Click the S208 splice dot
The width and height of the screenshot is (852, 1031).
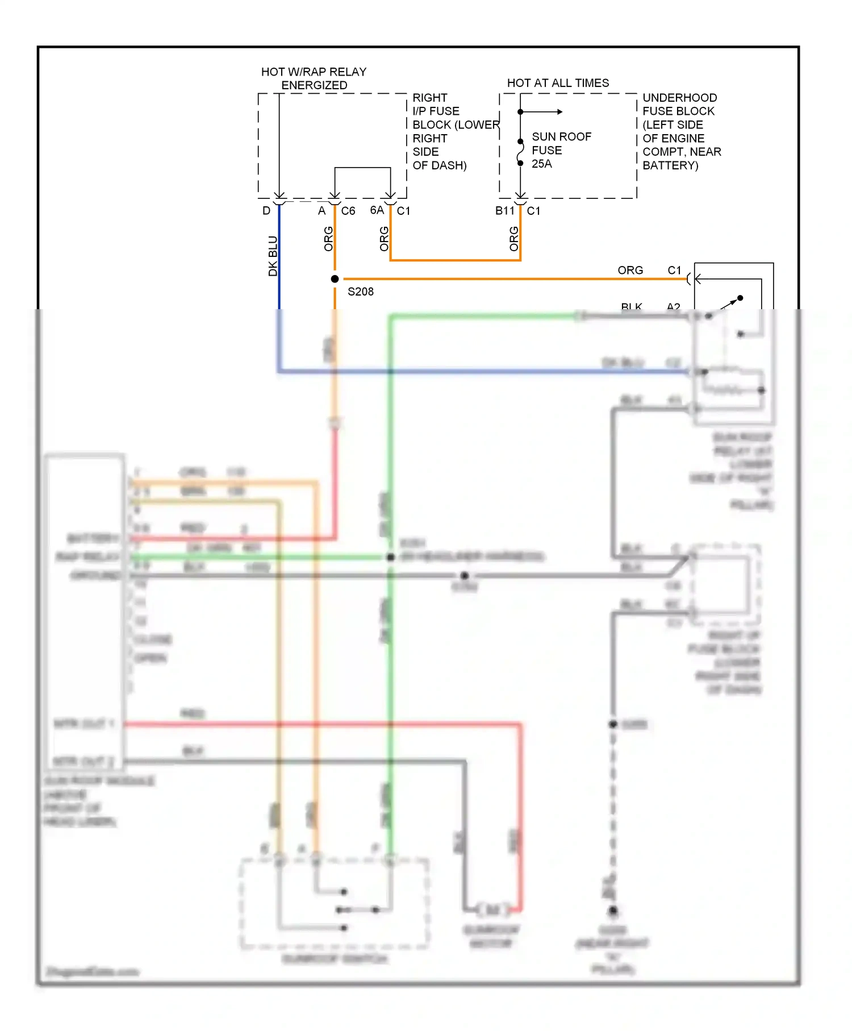[335, 279]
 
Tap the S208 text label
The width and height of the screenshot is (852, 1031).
[360, 292]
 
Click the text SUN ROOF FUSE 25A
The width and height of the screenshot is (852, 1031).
[561, 150]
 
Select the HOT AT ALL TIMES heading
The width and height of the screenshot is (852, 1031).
[557, 83]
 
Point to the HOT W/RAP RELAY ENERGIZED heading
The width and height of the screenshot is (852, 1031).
[314, 78]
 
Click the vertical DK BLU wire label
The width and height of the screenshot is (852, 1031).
[273, 256]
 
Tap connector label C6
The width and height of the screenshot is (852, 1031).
[348, 211]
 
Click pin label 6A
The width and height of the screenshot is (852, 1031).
[377, 210]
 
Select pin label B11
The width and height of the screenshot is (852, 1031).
[504, 211]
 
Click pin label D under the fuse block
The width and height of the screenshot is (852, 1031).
[266, 211]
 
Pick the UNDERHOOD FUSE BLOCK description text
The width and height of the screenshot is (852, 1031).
[681, 131]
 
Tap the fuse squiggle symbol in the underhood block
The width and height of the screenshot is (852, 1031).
[520, 152]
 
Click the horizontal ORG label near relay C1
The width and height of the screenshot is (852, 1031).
[630, 270]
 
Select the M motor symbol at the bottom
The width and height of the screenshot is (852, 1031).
[492, 910]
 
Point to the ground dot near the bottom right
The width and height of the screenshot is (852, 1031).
[613, 911]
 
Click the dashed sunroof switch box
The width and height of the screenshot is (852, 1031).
[334, 904]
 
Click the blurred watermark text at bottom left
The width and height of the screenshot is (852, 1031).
[93, 971]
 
